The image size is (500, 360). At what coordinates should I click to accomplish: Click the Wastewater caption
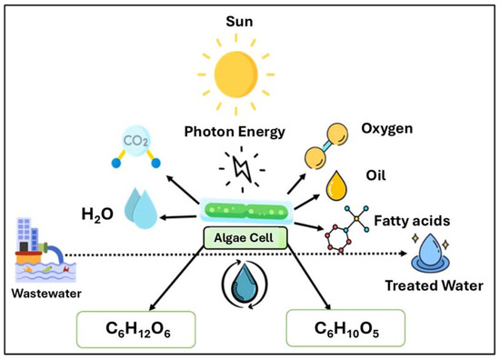(x=40, y=295)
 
